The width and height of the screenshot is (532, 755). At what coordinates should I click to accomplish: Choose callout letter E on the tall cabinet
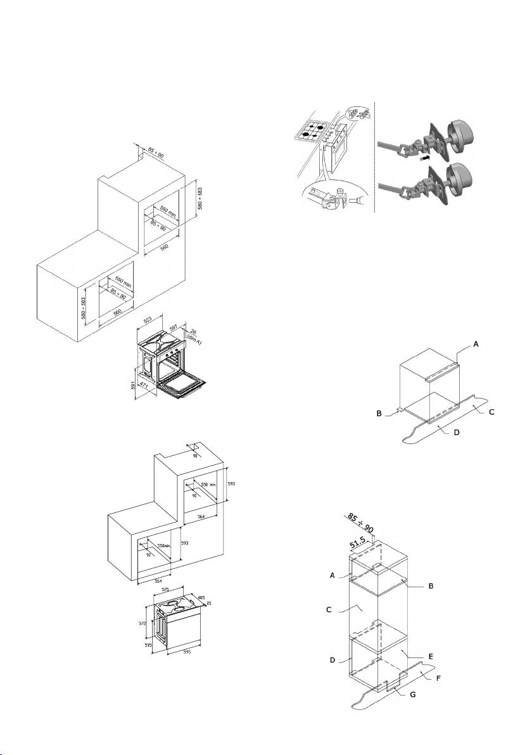pos(430,656)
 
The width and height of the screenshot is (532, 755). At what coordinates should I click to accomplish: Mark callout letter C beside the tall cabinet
pos(329,610)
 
